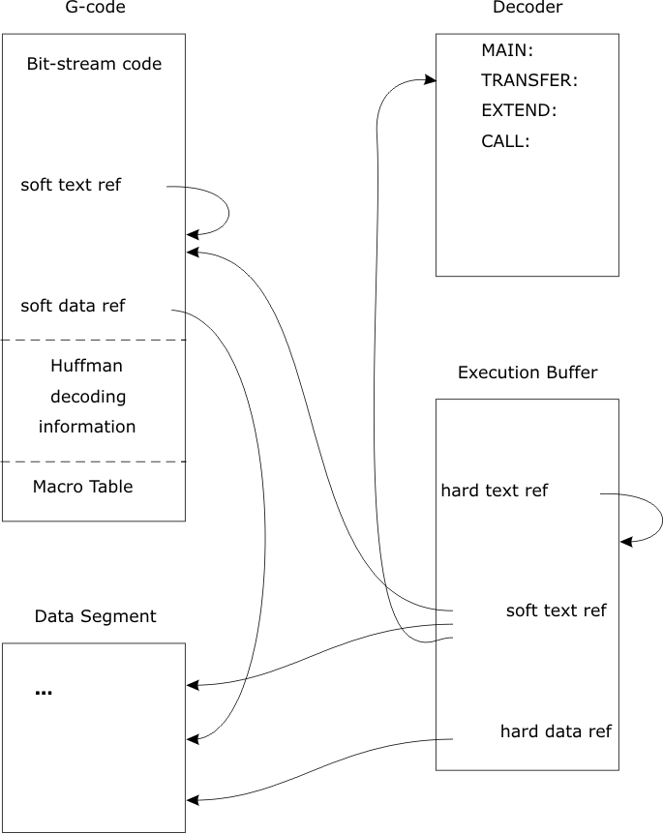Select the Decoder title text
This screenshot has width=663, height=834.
click(527, 9)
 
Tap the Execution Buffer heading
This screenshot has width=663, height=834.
click(527, 372)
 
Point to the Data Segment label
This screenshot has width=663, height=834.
click(95, 616)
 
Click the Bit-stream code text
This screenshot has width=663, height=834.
click(94, 65)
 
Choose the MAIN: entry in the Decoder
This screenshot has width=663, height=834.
click(507, 49)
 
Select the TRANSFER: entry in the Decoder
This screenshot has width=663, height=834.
click(528, 80)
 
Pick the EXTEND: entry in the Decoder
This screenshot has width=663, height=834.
click(519, 110)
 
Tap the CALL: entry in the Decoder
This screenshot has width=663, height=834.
click(505, 141)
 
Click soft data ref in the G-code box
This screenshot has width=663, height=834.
click(73, 306)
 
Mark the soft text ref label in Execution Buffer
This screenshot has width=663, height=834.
click(556, 611)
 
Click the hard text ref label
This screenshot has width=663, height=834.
click(494, 491)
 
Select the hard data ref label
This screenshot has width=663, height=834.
click(556, 731)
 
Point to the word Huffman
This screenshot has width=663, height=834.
click(86, 367)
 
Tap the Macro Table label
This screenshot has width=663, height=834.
click(82, 487)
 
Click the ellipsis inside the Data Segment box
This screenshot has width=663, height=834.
click(44, 692)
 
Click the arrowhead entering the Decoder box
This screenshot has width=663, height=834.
click(430, 81)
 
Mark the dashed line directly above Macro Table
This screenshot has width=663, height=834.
click(93, 462)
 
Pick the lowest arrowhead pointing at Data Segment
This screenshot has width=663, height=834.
click(192, 800)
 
